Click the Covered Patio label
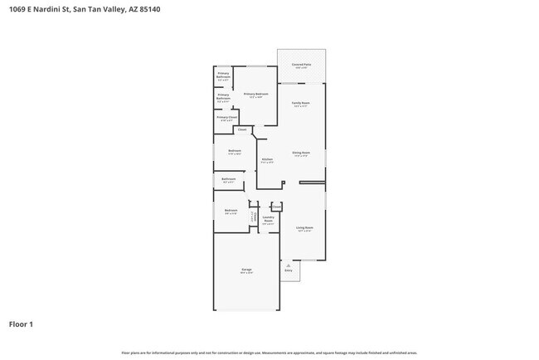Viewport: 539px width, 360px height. coord(302,65)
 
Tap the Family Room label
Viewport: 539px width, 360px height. coord(300,105)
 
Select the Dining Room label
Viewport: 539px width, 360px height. coord(300,153)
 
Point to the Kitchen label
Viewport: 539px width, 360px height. coord(267,160)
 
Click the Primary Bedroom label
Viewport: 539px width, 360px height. coord(255,95)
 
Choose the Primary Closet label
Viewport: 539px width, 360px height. coord(226,119)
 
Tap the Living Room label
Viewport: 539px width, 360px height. coord(304,228)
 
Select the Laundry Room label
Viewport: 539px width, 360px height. coord(268,221)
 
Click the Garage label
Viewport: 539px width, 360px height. coord(246,270)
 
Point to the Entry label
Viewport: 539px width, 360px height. coord(289,270)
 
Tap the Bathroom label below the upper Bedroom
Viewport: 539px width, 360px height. coord(228,180)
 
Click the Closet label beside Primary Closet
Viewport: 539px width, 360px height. coord(242,130)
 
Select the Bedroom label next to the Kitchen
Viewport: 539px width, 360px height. coord(235,152)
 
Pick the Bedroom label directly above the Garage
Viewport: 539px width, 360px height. coord(231,212)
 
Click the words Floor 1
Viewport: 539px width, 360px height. coord(21,324)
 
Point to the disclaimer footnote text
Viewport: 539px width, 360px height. coord(269,353)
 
